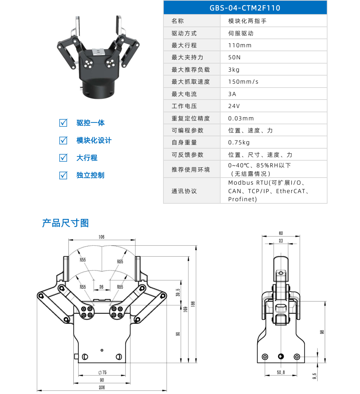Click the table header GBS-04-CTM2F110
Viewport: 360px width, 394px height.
tap(245, 8)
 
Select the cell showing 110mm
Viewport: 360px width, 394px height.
tap(240, 45)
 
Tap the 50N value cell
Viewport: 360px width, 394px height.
tap(234, 57)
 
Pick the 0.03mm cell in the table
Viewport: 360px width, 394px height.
tap(241, 118)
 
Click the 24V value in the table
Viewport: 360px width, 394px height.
tap(234, 106)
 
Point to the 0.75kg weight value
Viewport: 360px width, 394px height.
tap(239, 142)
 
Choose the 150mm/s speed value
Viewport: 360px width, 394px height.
tap(243, 82)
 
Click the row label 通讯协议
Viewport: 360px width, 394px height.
tap(184, 191)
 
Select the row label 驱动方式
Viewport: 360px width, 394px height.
tap(184, 33)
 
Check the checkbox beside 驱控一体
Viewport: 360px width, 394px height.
tap(63, 123)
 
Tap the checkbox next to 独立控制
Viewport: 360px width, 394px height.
tap(63, 175)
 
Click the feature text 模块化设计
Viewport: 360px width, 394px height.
tap(94, 140)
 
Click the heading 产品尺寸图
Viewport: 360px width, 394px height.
tap(65, 223)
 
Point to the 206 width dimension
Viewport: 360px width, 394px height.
tap(102, 387)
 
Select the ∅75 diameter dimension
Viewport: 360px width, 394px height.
tap(102, 372)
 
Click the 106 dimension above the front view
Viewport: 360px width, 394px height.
tap(101, 237)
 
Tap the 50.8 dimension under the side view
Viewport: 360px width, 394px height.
tap(281, 372)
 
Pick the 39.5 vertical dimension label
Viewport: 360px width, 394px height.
tap(178, 292)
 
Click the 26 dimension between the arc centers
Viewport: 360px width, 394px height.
tap(101, 287)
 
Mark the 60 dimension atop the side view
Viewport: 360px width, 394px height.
tap(281, 233)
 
